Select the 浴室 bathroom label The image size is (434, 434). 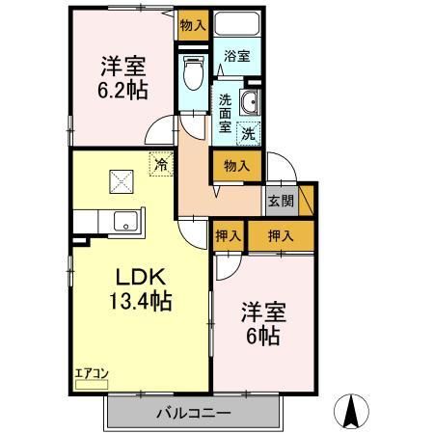point(236,57)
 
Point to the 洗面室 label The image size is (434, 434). point(224,111)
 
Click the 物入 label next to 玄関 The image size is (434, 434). point(236,166)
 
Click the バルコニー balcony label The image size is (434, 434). point(192,413)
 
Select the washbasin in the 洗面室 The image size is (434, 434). point(252,105)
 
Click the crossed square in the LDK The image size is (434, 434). point(122,180)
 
